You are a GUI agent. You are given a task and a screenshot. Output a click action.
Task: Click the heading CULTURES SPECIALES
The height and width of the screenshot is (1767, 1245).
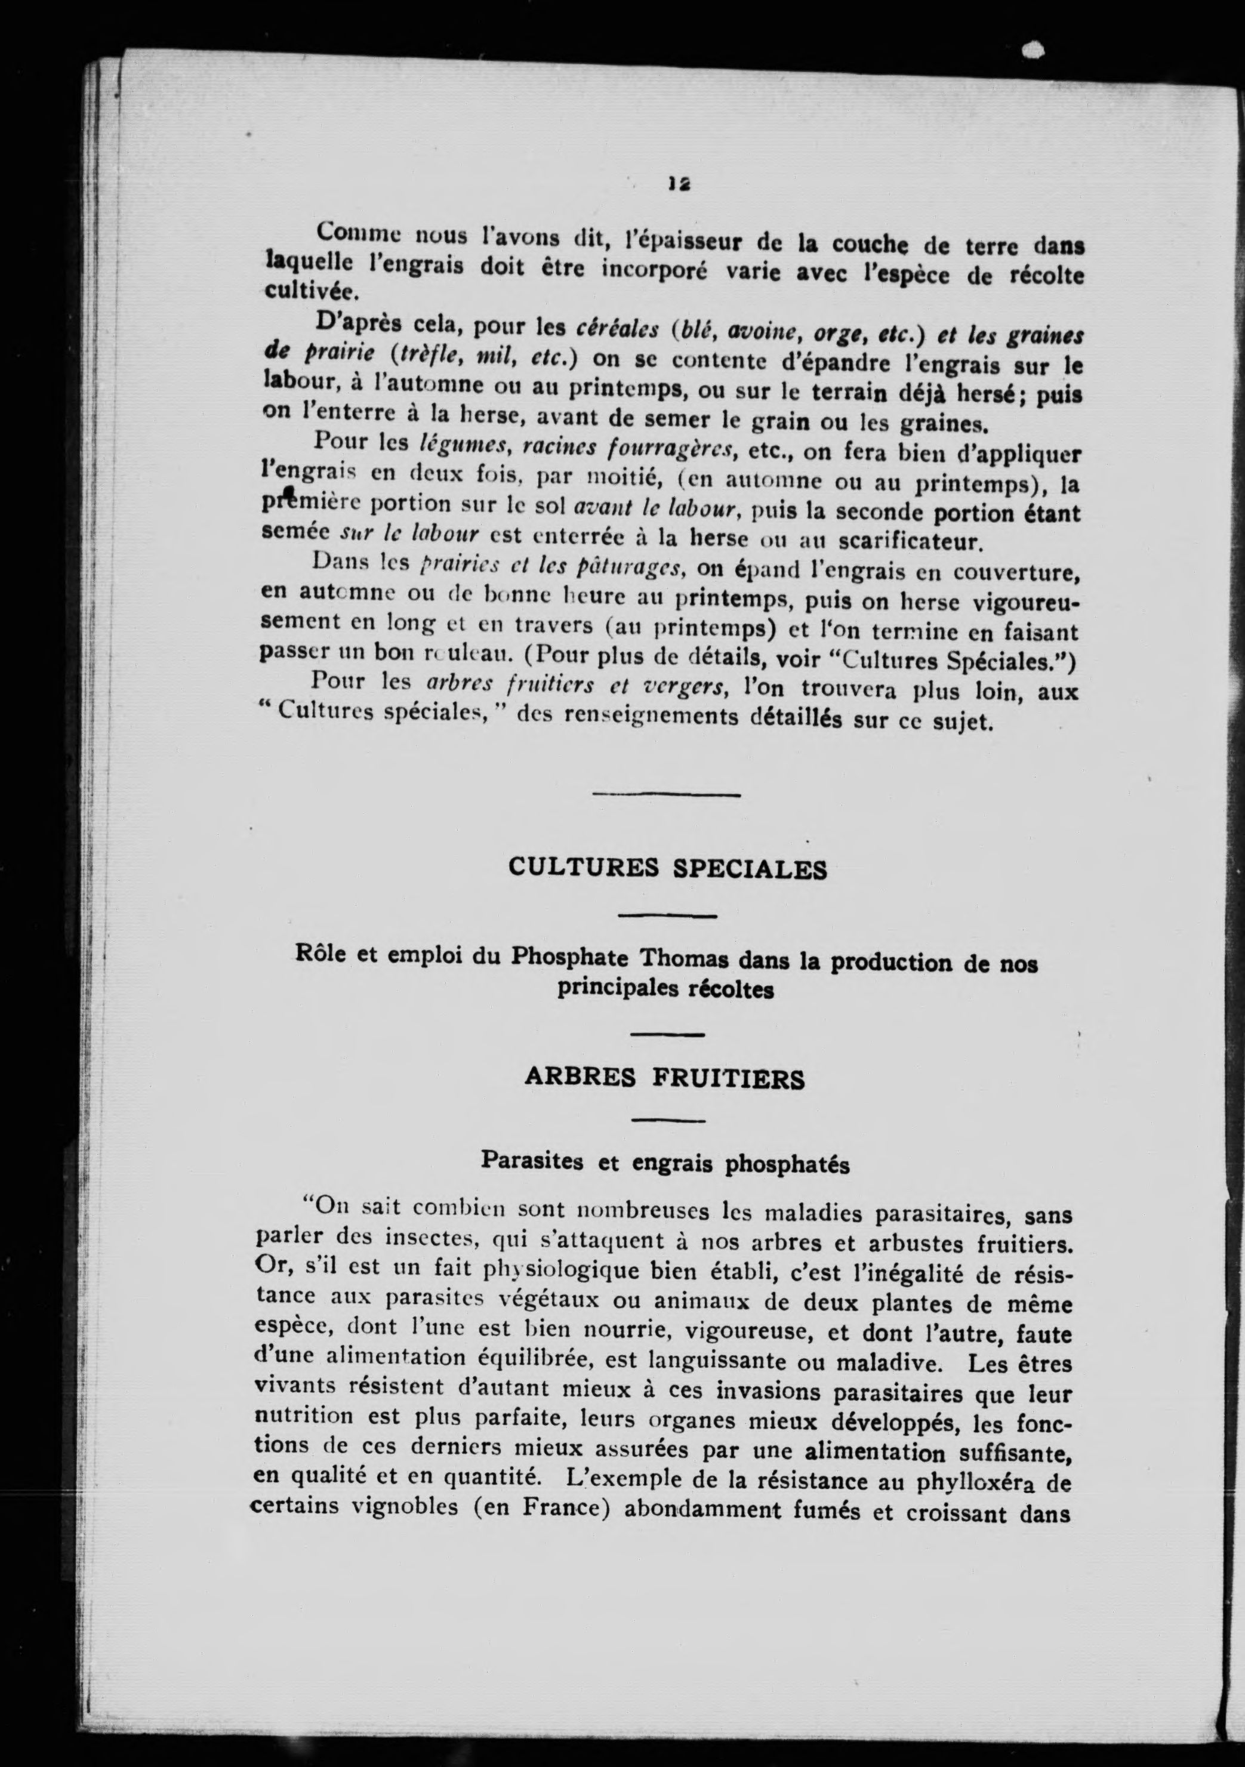667,868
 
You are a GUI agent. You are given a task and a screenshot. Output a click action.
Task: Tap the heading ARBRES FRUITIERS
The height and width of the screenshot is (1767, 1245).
664,1079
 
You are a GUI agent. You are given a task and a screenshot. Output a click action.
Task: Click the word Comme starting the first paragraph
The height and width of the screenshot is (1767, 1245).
356,232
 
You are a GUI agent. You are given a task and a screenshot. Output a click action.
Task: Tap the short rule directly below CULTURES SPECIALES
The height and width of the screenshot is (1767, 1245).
667,916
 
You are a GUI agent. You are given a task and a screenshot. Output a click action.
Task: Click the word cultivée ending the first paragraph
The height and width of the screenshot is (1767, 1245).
300,292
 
